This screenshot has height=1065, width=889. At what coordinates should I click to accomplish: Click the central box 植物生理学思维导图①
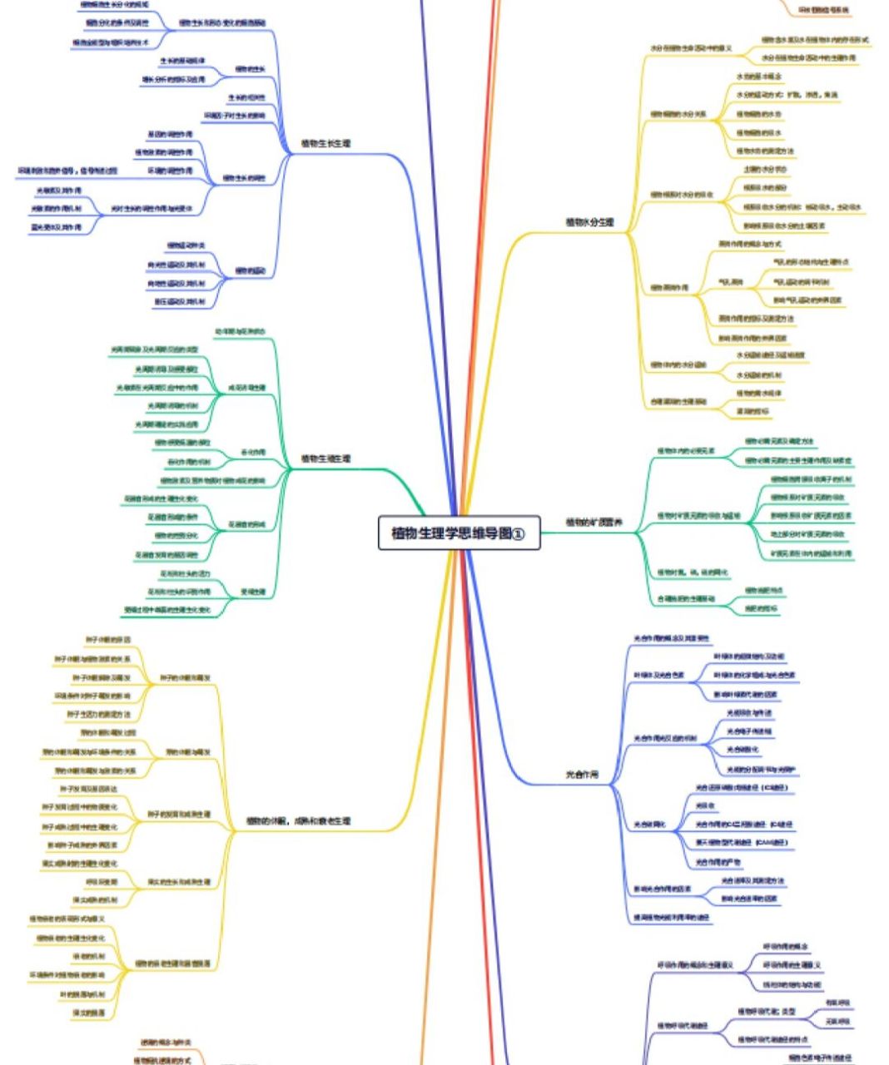tap(459, 533)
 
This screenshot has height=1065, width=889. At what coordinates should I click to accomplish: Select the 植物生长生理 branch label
tap(325, 144)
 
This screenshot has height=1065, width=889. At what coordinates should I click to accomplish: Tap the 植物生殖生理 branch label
tap(325, 458)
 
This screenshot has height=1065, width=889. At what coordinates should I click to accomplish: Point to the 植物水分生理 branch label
tap(589, 222)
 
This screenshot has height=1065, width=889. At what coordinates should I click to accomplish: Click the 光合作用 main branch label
tap(582, 775)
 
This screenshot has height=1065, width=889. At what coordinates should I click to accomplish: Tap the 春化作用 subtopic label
tap(253, 452)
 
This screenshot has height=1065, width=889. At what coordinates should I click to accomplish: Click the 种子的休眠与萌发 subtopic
tap(184, 677)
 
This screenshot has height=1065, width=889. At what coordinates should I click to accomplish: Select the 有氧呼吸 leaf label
tap(837, 1003)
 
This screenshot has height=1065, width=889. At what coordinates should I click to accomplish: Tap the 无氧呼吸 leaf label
tap(837, 1021)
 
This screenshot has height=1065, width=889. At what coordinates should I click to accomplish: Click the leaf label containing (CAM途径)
tap(740, 843)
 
